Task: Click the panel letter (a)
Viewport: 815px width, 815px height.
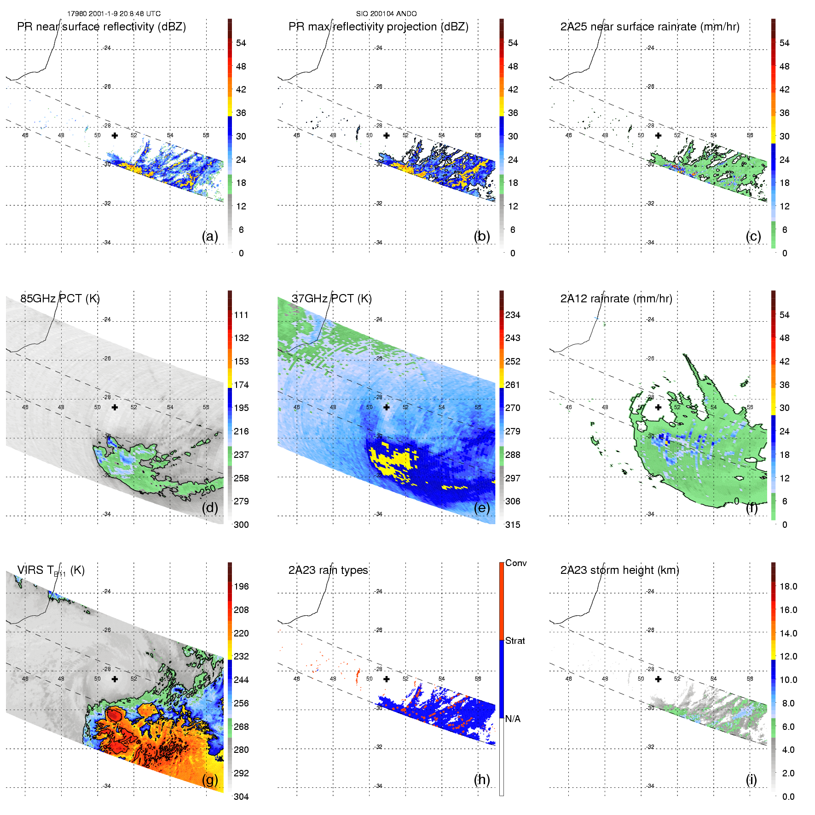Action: tap(210, 236)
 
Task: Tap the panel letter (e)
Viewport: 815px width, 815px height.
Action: tap(482, 508)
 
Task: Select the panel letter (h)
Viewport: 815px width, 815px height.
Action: tap(482, 779)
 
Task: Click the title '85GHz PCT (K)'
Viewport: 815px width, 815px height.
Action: tap(60, 298)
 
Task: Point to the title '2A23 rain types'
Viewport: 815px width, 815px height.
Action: tap(328, 570)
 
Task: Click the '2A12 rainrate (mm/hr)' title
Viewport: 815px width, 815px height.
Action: tap(616, 298)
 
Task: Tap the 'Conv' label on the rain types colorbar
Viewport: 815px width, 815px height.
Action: tap(516, 563)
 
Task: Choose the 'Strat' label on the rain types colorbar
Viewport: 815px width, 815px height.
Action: tap(515, 641)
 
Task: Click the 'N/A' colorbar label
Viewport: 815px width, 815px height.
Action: tap(513, 719)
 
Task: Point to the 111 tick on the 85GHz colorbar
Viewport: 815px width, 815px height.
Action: tap(241, 315)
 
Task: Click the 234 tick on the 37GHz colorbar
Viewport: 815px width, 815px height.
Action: tap(513, 315)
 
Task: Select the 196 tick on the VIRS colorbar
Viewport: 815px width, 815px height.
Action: tap(241, 586)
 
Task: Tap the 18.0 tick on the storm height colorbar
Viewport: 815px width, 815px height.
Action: tap(788, 586)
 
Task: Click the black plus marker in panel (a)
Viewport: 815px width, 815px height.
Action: tap(115, 135)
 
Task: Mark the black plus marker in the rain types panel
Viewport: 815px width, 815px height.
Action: tap(387, 679)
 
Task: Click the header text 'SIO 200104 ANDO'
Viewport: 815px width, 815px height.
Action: tap(386, 14)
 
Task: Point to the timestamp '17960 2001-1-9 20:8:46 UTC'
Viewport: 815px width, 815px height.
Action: tap(114, 14)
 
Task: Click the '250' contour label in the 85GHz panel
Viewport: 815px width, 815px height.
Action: tap(208, 490)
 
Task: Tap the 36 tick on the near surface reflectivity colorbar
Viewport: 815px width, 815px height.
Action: tap(241, 113)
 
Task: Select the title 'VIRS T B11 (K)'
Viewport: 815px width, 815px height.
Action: tap(51, 570)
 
